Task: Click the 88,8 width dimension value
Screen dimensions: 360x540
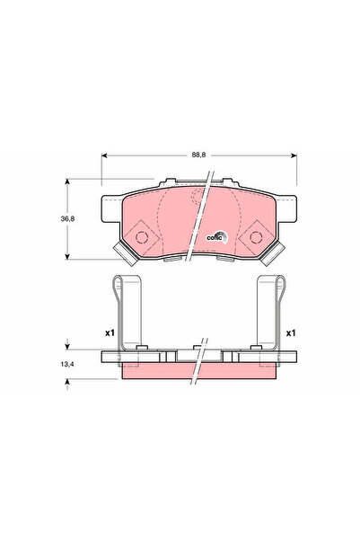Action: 198,155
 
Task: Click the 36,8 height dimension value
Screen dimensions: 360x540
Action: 67,218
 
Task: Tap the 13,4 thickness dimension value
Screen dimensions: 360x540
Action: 67,364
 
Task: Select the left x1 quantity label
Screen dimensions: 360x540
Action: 110,333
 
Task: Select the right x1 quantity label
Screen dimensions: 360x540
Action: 291,333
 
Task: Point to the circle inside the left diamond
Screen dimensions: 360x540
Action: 142,237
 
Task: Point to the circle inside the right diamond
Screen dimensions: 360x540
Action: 256,237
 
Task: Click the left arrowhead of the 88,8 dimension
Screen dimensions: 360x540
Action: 104,155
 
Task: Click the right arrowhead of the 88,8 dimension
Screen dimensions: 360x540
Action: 294,155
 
